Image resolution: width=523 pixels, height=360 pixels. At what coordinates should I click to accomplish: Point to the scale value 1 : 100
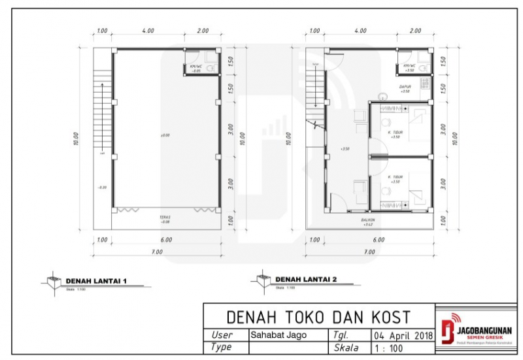click(x=390, y=348)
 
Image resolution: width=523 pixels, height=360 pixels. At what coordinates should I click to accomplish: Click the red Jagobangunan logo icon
click(x=447, y=331)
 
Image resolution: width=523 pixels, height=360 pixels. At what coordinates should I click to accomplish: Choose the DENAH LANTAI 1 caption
click(x=95, y=281)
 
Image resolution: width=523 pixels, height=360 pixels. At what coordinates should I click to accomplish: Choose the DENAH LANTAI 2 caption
click(x=306, y=280)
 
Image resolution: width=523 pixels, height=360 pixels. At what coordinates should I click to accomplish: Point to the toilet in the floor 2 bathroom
click(x=424, y=67)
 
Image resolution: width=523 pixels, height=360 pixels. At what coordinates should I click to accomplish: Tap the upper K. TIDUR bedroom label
click(x=395, y=133)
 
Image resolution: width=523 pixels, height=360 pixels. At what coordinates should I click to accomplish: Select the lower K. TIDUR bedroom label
click(x=394, y=177)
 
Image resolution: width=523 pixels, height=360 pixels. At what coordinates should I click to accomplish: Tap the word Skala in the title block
click(x=346, y=348)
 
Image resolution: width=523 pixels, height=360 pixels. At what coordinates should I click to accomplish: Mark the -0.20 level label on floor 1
click(x=102, y=188)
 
